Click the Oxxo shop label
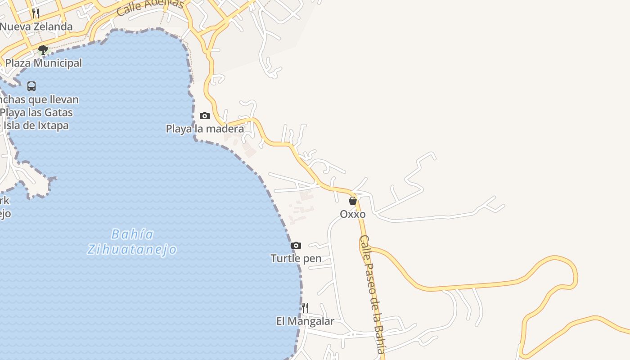point(352,214)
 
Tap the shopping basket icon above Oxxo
point(353,201)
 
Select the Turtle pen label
point(296,258)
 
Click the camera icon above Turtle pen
point(296,245)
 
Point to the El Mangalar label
point(305,321)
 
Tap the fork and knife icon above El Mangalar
point(305,308)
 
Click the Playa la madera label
point(205,129)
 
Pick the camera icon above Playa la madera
point(205,116)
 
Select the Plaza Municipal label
point(44,63)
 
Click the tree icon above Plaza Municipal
point(43,49)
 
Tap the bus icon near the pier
point(31,86)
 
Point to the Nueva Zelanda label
point(36,27)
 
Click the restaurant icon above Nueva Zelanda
point(36,13)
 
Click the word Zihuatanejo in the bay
point(132,249)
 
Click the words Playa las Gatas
point(37,112)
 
